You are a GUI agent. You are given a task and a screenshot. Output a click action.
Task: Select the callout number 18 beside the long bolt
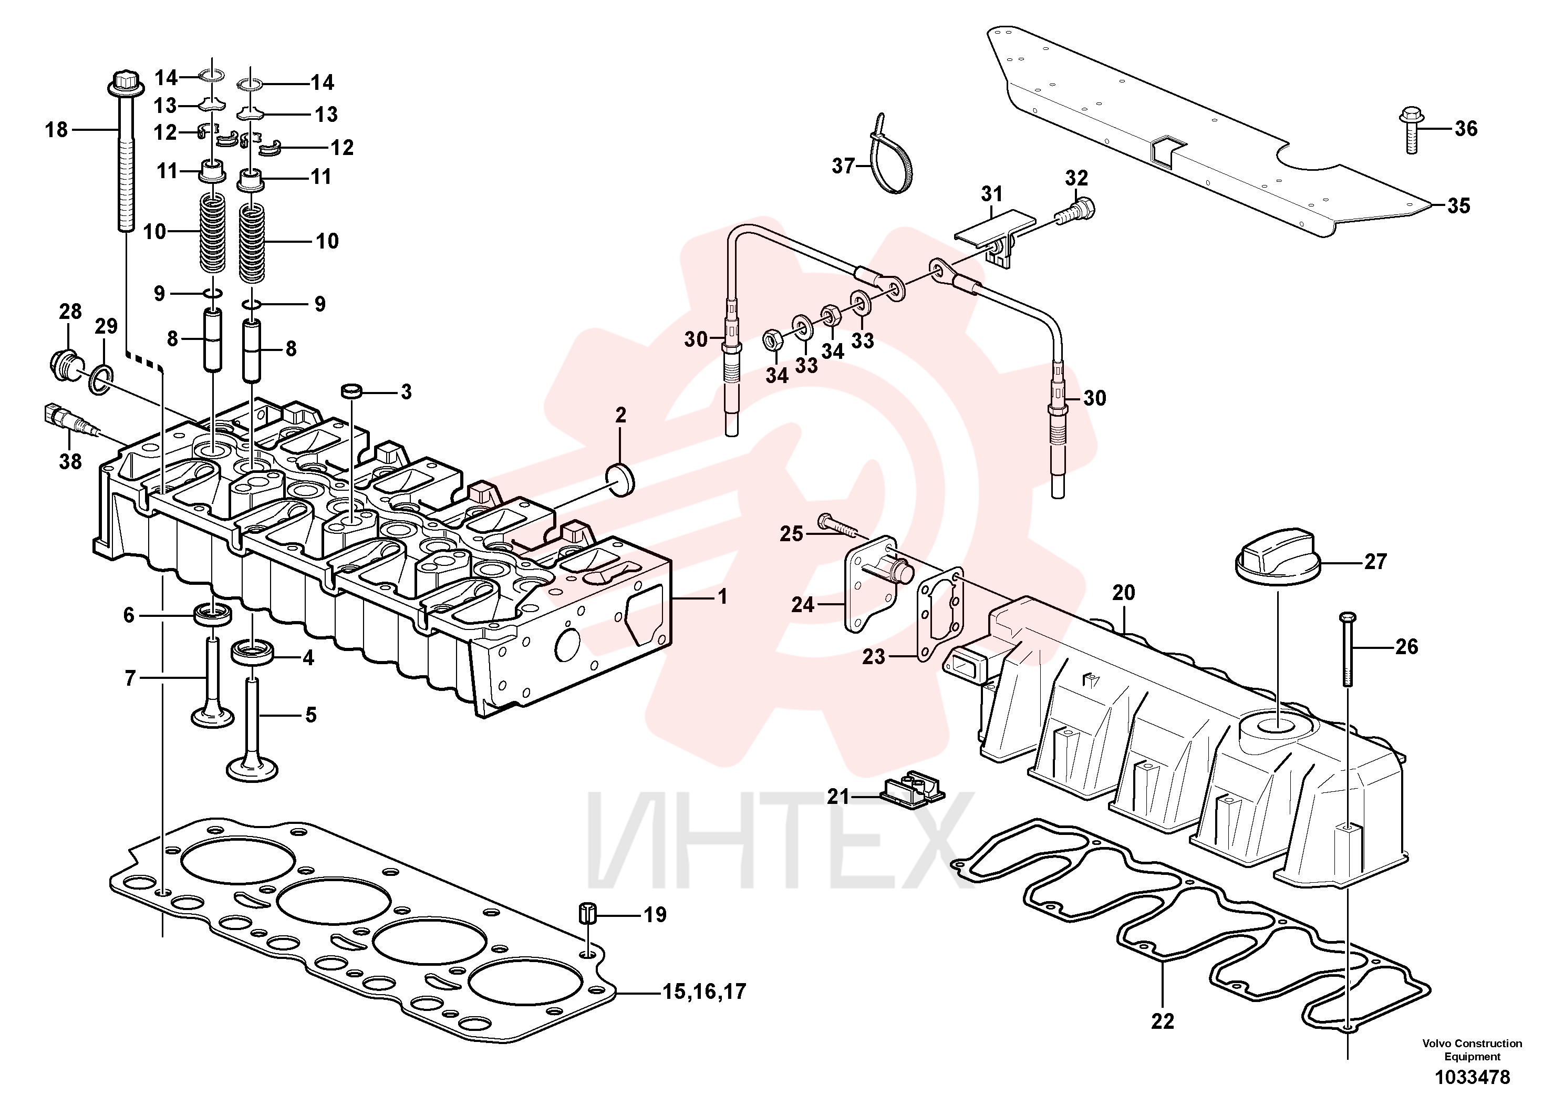(57, 129)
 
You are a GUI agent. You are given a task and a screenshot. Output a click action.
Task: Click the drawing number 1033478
(1472, 1078)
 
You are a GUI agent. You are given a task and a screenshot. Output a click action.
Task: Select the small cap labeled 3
(351, 390)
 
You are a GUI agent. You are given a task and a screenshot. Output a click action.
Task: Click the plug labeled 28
(65, 363)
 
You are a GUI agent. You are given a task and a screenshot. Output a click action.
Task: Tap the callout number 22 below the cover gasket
(1162, 1022)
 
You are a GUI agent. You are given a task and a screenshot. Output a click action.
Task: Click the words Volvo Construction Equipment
(1472, 1050)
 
